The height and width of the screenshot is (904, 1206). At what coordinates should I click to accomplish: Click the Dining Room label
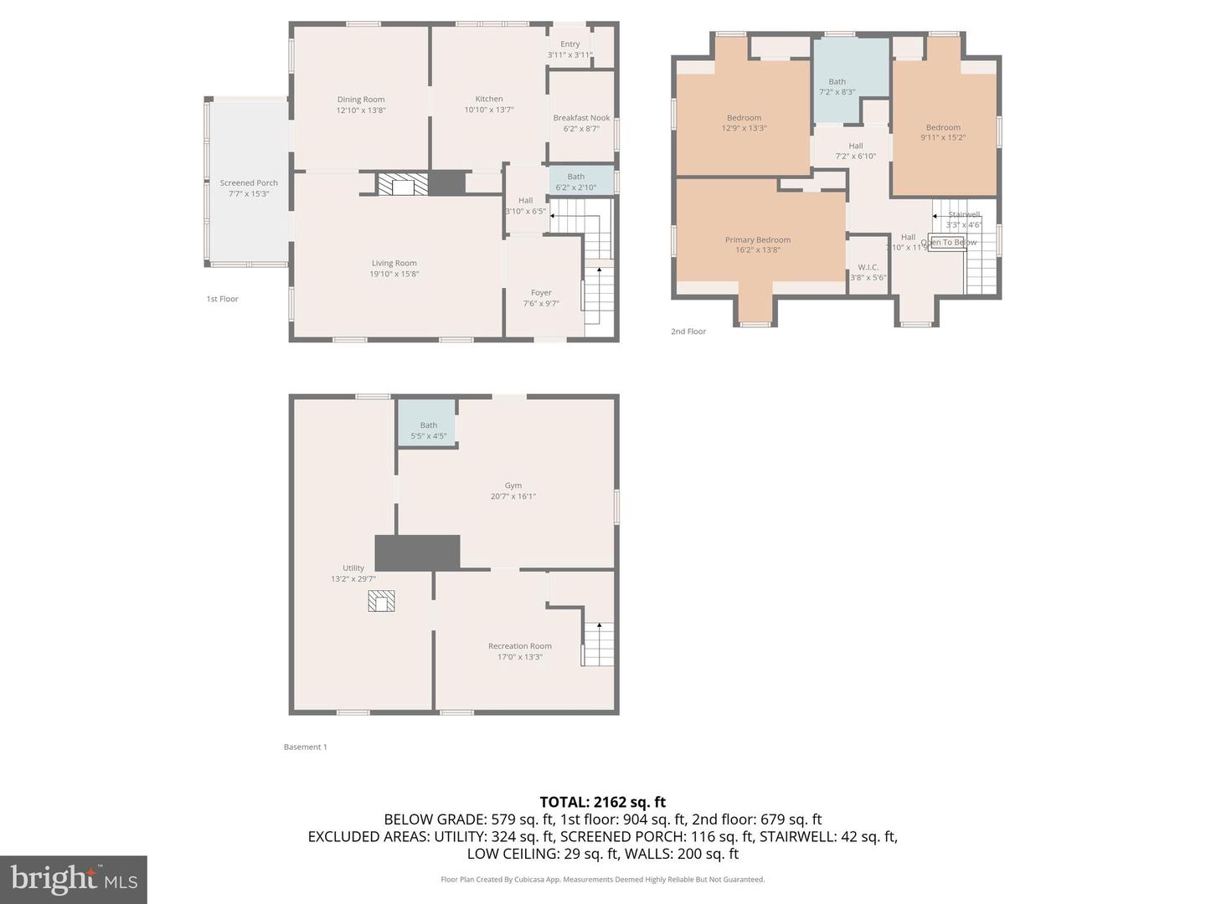361,100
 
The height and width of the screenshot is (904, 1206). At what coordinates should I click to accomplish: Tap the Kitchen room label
489,99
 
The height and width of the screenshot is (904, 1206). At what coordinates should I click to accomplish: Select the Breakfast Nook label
581,118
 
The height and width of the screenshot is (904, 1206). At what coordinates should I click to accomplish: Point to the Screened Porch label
249,182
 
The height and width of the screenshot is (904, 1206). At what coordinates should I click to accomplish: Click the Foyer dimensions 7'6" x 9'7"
541,304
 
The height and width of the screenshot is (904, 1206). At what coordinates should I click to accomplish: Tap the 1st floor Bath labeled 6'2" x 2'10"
576,182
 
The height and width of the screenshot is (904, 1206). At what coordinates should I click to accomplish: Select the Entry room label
570,44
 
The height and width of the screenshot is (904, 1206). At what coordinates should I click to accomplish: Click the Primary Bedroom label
758,239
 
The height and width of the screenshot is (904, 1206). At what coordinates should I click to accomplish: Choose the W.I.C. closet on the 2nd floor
868,268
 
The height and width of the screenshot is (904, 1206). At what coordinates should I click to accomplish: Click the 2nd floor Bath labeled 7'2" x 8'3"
837,82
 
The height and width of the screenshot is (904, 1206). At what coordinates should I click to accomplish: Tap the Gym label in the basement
513,485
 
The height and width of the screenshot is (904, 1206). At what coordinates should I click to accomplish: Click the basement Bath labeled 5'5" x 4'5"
428,426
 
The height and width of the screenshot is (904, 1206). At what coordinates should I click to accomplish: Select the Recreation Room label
520,646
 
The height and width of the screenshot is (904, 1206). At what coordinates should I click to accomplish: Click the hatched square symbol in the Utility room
381,601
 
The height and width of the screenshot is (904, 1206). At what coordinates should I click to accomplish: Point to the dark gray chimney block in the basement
417,552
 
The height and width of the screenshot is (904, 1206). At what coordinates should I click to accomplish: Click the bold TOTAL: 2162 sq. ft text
603,802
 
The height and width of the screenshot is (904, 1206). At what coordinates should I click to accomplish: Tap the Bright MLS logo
74,880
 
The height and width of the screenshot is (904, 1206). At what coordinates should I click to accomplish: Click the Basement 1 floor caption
305,747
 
